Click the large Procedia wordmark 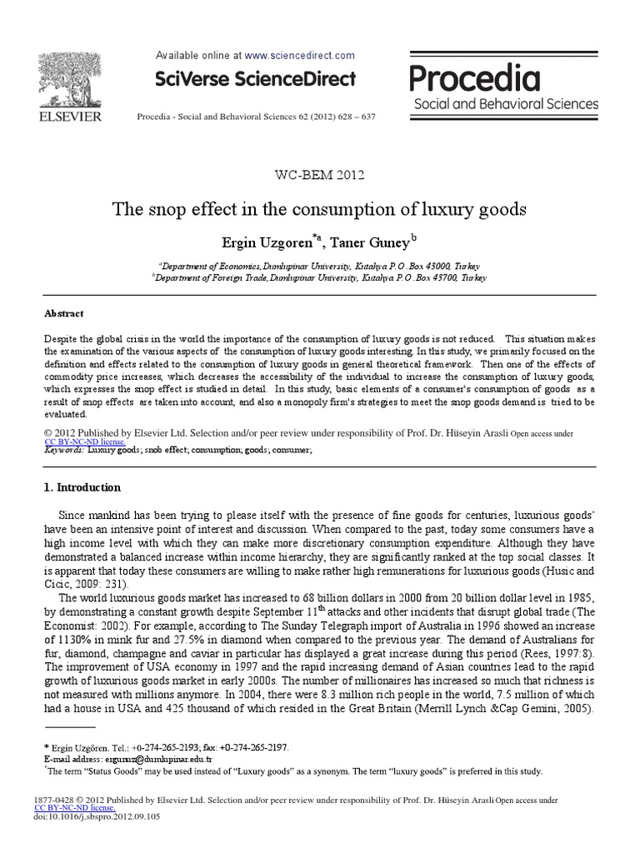coord(475,80)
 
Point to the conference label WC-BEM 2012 coord(320,175)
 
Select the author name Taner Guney coord(372,243)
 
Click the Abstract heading coord(63,314)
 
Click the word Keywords coord(63,450)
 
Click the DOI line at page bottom coord(97,817)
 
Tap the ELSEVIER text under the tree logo coord(70,117)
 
